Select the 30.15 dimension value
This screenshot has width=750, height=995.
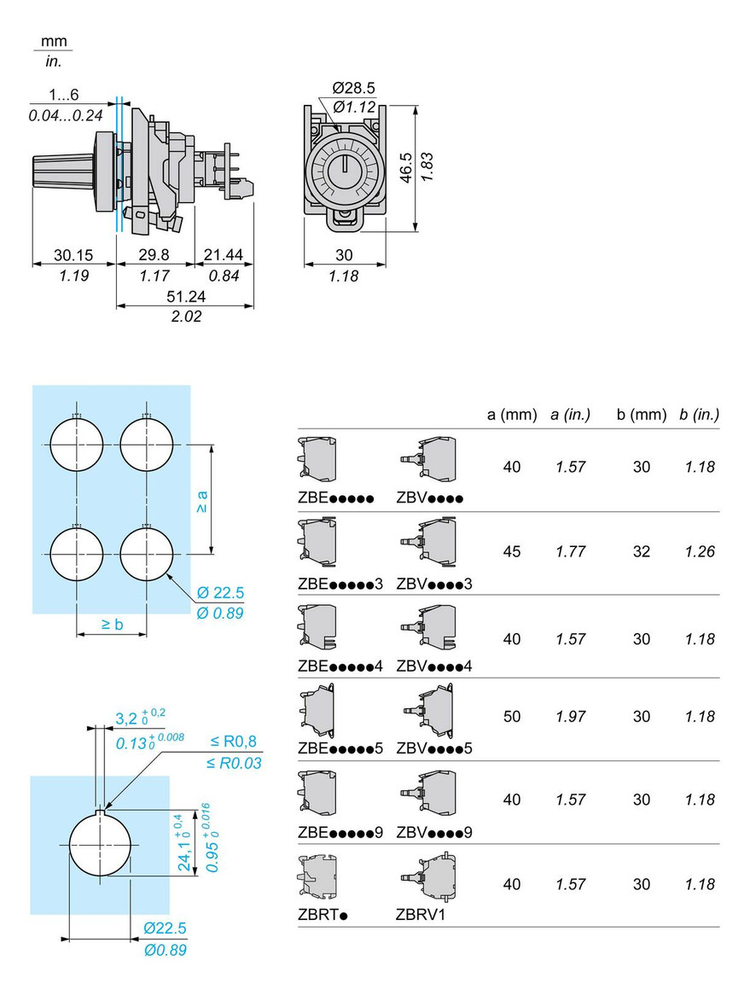coord(73,254)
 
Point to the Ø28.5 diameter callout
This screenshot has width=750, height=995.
coord(354,88)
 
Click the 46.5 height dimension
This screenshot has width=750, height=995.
coord(407,168)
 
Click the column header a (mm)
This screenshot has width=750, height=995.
coord(512,415)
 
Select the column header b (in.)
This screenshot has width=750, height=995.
coord(699,415)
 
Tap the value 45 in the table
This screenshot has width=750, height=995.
coord(512,551)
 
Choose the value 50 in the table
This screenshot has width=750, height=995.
coord(512,716)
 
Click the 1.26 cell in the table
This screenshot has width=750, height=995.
coord(699,551)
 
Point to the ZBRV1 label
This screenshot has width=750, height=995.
coord(421,915)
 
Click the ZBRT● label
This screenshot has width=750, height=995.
coord(323,915)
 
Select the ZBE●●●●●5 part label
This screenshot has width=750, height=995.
coord(340,748)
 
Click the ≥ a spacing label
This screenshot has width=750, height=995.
coord(202,501)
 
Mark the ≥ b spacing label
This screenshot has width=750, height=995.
coord(111,624)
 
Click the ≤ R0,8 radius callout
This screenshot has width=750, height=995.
coord(233,742)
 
